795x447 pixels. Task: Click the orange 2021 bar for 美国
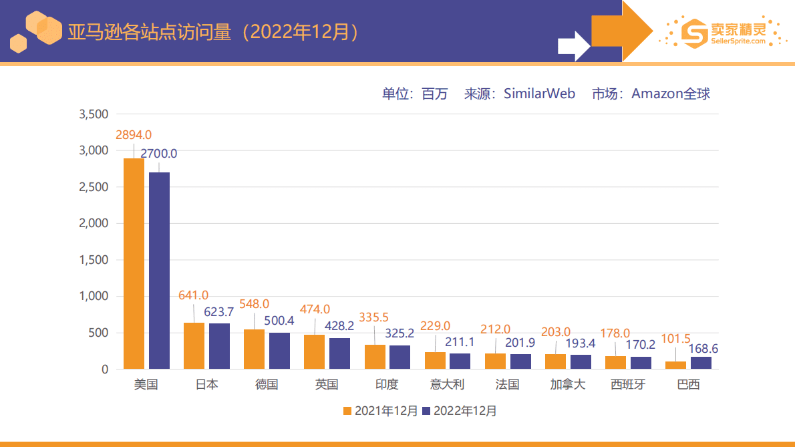[x=134, y=263]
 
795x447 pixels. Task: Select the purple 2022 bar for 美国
[x=159, y=271]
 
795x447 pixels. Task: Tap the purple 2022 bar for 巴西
[x=701, y=363]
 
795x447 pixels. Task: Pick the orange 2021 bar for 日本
[x=194, y=345]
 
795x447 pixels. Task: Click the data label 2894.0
[x=134, y=135]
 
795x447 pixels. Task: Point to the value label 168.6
[x=704, y=349]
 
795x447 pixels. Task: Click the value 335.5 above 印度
[x=374, y=317]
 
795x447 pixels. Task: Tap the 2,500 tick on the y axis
[x=94, y=187]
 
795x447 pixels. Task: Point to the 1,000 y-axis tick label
[x=94, y=297]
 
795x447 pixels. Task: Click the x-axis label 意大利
[x=447, y=385]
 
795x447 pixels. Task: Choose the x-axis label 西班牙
[x=628, y=385]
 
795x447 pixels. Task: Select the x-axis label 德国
[x=267, y=385]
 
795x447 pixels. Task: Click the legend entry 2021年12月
[x=380, y=411]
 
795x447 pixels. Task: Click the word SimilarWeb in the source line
[x=539, y=94]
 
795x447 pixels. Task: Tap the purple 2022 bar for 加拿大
[x=581, y=361]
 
